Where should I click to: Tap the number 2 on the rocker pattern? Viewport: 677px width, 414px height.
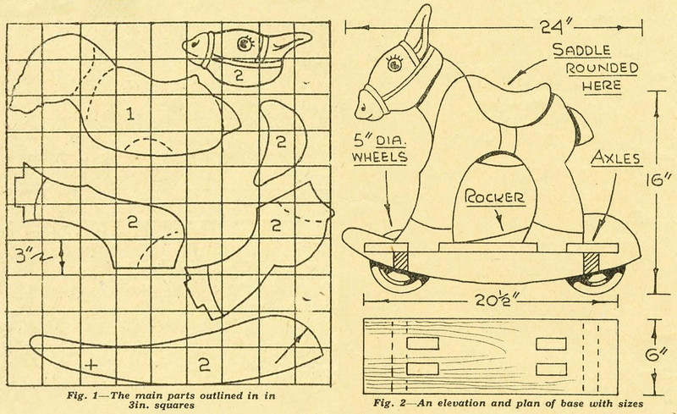point(203,365)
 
